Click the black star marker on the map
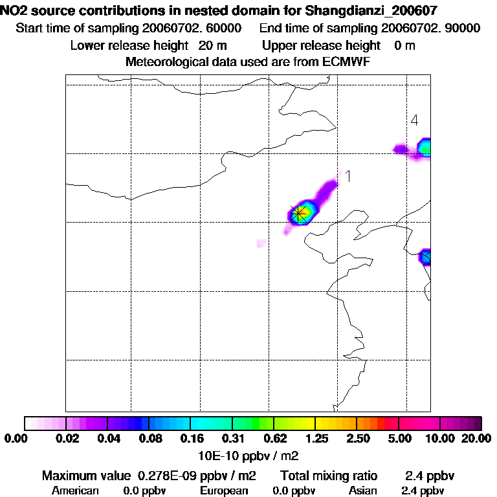299,213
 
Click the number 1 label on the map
348,176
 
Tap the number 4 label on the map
414,120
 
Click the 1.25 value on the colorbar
315,439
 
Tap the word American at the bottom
75,491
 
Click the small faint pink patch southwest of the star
261,243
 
